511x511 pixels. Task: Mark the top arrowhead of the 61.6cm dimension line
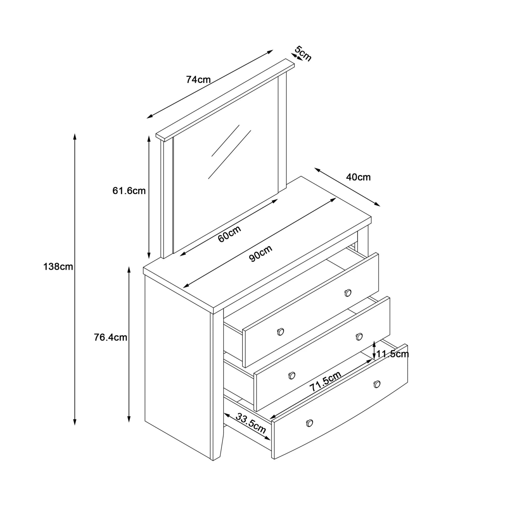(149, 137)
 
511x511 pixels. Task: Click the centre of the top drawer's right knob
(348, 293)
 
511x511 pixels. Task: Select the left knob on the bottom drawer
(309, 423)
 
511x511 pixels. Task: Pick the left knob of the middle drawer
(292, 376)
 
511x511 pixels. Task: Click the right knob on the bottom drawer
(377, 384)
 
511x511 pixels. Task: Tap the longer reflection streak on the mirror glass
(229, 154)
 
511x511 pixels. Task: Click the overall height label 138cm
(58, 267)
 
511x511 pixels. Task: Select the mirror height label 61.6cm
(129, 191)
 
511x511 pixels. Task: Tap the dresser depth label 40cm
(358, 177)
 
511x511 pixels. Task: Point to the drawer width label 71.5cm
(325, 382)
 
